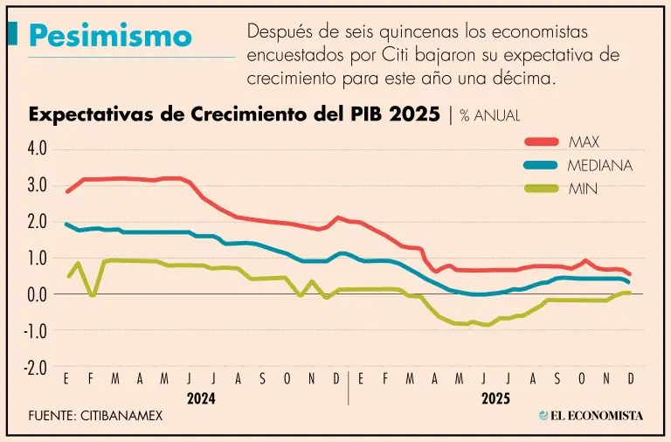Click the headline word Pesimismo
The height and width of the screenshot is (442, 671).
tap(109, 36)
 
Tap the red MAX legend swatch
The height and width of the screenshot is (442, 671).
tap(541, 142)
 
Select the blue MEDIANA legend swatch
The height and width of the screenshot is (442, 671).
tap(541, 164)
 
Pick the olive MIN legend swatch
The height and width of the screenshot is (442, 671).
tap(541, 187)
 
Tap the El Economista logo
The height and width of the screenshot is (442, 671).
tap(591, 416)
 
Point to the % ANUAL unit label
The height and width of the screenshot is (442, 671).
tap(490, 116)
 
